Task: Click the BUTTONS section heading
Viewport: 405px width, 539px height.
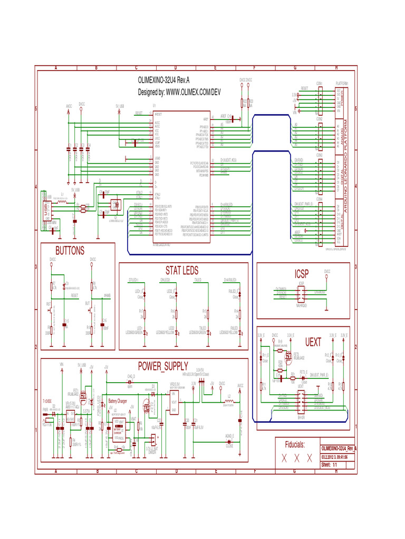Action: pos(70,251)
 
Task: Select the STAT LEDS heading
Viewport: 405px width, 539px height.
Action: pos(182,271)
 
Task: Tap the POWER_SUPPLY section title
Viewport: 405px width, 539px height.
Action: pos(163,366)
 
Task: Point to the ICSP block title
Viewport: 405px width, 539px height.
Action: pos(302,274)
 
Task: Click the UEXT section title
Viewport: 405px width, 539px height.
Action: pos(313,342)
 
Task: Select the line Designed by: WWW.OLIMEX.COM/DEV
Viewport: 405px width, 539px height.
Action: pos(179,92)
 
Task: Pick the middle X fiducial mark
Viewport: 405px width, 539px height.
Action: pos(297,458)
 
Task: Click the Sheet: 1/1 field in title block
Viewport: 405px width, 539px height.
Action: pos(329,465)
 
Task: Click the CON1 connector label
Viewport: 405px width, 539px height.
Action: pos(320,84)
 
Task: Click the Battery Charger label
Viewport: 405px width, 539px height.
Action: pos(118,401)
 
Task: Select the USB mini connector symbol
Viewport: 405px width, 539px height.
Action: pos(46,210)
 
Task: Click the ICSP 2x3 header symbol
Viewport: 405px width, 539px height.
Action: pos(302,293)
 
